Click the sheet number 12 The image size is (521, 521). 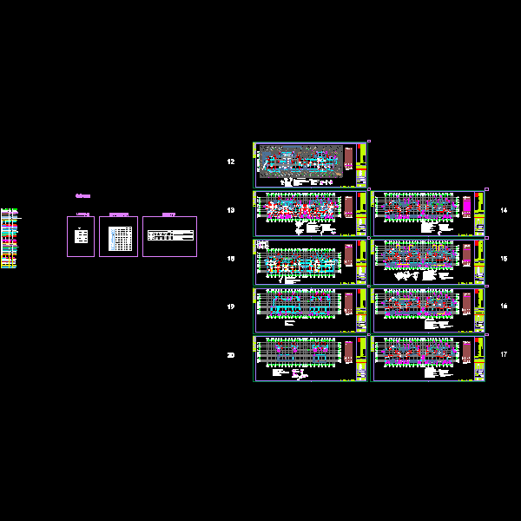[x=231, y=162]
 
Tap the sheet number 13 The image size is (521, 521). [x=231, y=211]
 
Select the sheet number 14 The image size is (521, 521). [x=504, y=211]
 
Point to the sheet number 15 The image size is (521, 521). [x=504, y=259]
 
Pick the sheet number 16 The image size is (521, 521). [x=504, y=307]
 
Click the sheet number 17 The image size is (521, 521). [x=504, y=354]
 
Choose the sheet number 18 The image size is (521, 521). [x=231, y=259]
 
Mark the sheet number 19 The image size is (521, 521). [x=231, y=307]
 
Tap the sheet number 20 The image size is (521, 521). [x=231, y=354]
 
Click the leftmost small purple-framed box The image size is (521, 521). [x=81, y=236]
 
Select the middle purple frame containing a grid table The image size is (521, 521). [x=118, y=236]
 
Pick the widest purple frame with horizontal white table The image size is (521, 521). [x=169, y=236]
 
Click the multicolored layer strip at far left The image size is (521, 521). [x=8, y=238]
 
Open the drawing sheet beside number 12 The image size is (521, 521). [x=310, y=163]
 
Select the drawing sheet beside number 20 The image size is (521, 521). [x=310, y=359]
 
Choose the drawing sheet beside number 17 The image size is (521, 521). [x=428, y=359]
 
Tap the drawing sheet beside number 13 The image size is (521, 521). [x=310, y=214]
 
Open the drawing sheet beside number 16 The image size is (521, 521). [x=428, y=310]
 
